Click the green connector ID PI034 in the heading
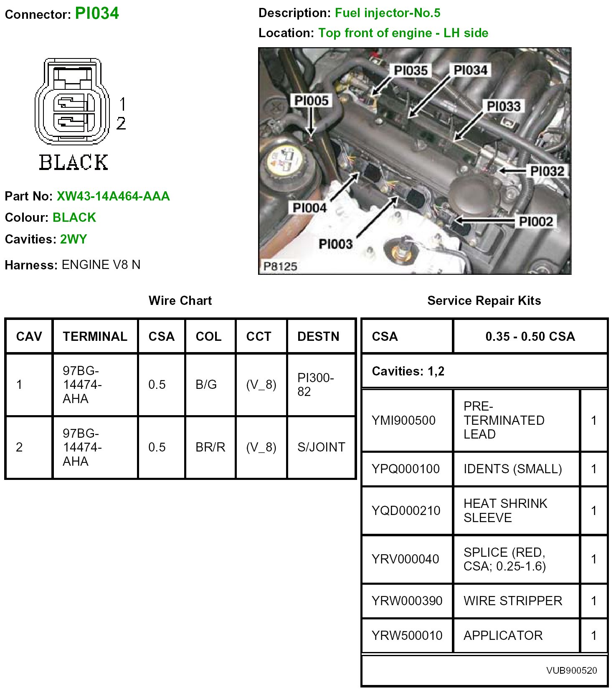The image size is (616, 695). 97,13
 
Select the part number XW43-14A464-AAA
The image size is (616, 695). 113,196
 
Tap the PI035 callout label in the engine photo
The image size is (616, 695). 411,71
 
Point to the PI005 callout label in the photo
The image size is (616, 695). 312,101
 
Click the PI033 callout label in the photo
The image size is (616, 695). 504,107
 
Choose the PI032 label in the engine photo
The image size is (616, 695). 547,171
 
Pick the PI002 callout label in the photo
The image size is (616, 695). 536,222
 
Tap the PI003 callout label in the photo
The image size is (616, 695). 335,244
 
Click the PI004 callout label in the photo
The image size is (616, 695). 309,208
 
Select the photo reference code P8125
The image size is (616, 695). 280,266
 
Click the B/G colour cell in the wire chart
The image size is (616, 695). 206,385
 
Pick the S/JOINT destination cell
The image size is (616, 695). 321,447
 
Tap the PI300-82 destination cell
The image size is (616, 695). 315,385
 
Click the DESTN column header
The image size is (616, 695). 318,337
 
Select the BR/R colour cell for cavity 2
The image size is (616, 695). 210,447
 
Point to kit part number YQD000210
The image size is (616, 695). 406,510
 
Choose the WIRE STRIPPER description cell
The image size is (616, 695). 513,601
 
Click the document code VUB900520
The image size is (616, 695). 571,670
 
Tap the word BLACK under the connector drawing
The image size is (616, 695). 74,162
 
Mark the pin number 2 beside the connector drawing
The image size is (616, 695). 121,124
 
